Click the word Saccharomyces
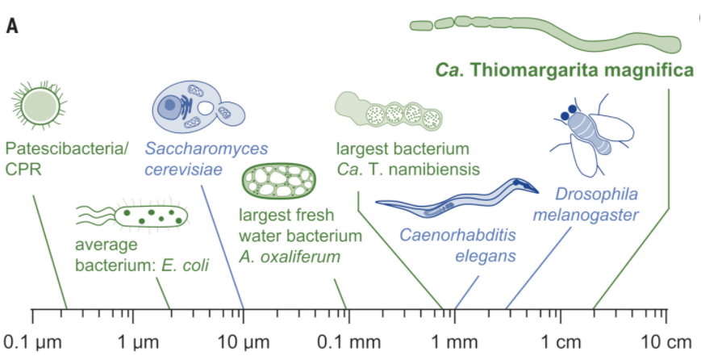[x=207, y=149]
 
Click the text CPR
[x=19, y=169]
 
